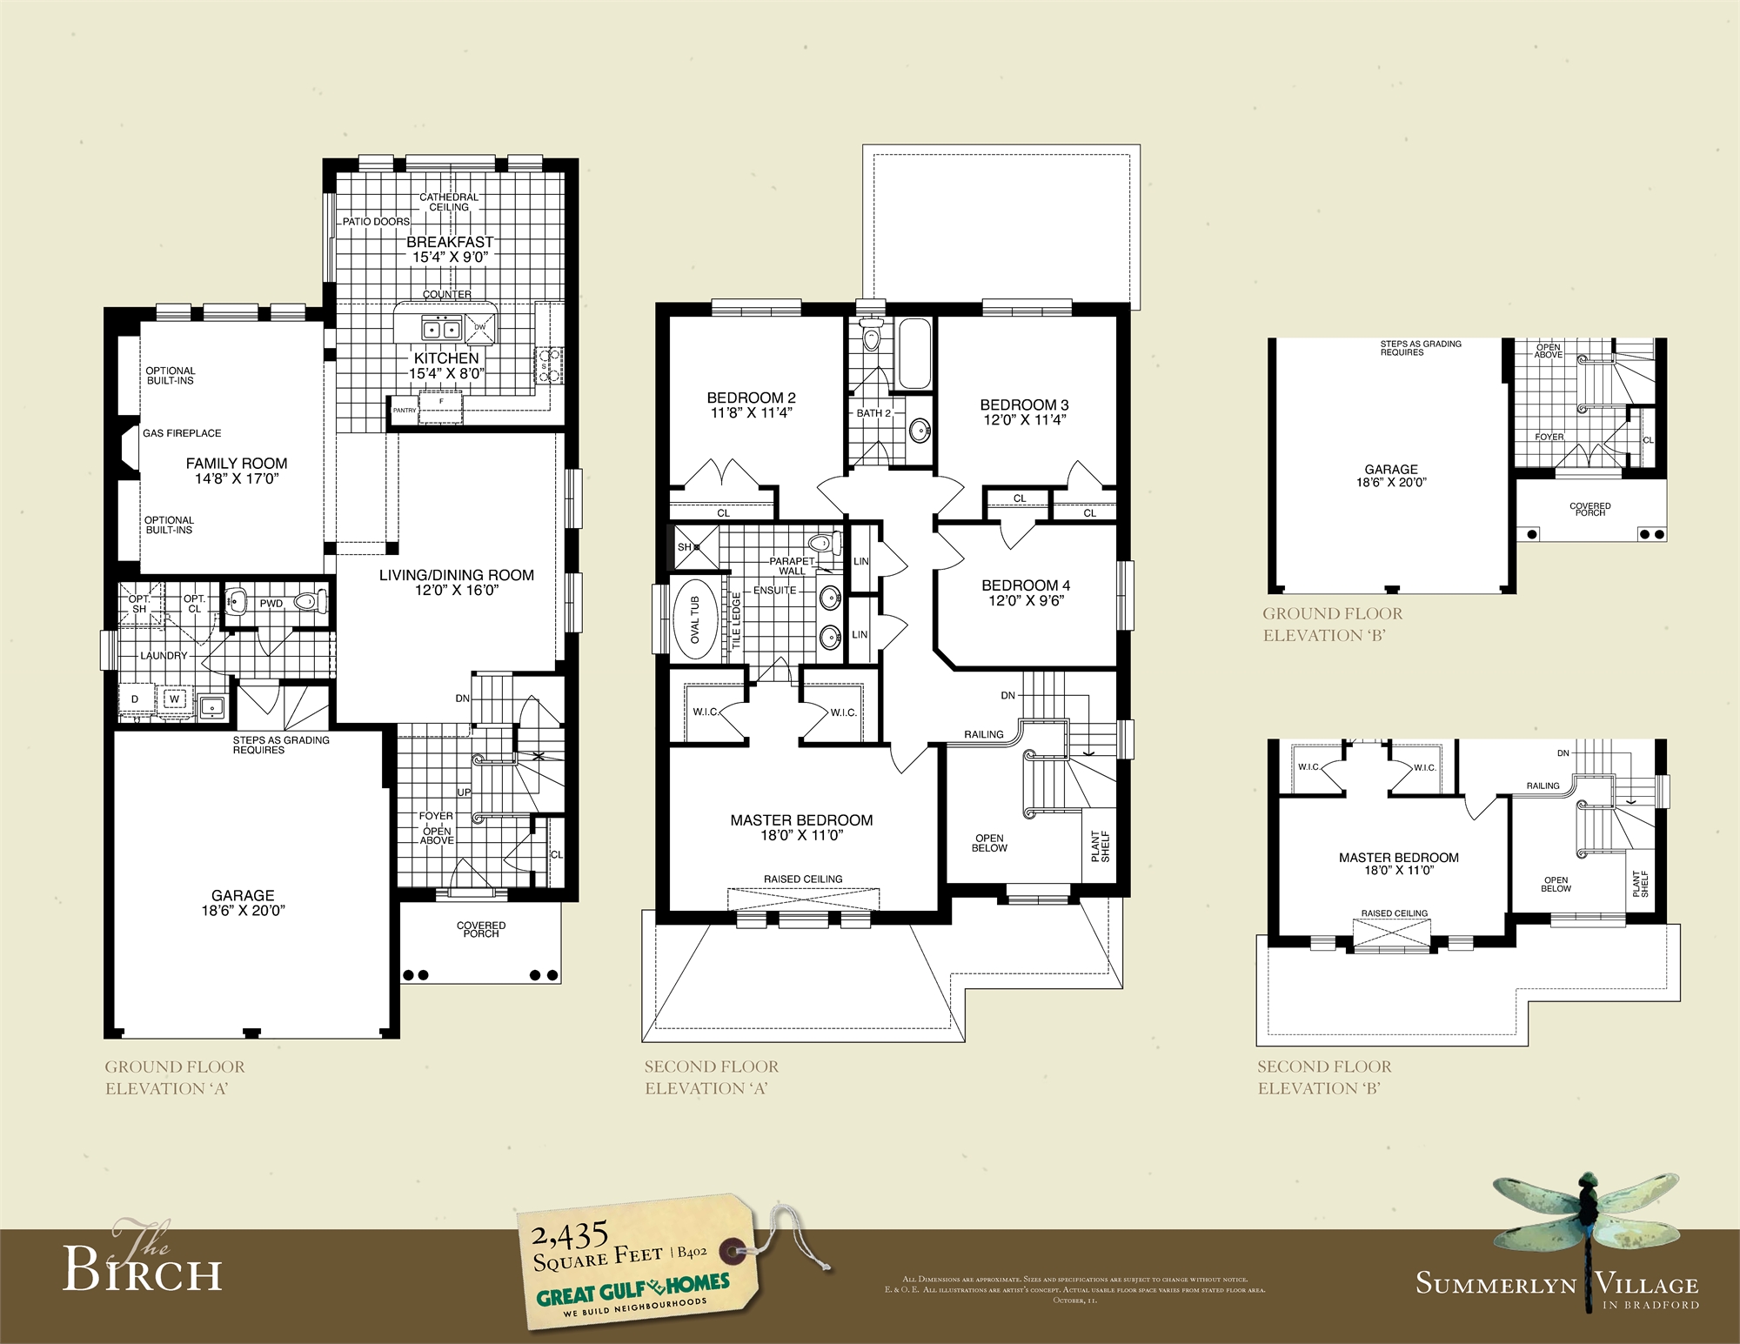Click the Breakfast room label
pos(450,242)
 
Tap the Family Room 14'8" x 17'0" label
pos(237,471)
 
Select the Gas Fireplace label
pos(182,433)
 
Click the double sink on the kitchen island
pos(441,329)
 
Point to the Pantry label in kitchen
pos(404,410)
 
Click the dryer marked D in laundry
pos(135,699)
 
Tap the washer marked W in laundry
pos(174,699)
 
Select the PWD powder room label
pos(271,604)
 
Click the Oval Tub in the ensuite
pos(694,620)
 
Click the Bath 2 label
pos(873,413)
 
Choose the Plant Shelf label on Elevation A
pos(1100,846)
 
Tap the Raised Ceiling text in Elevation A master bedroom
pos(803,879)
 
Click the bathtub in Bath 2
pos(913,354)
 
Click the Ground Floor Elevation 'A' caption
pos(174,1077)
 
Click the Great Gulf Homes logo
pos(632,1290)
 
